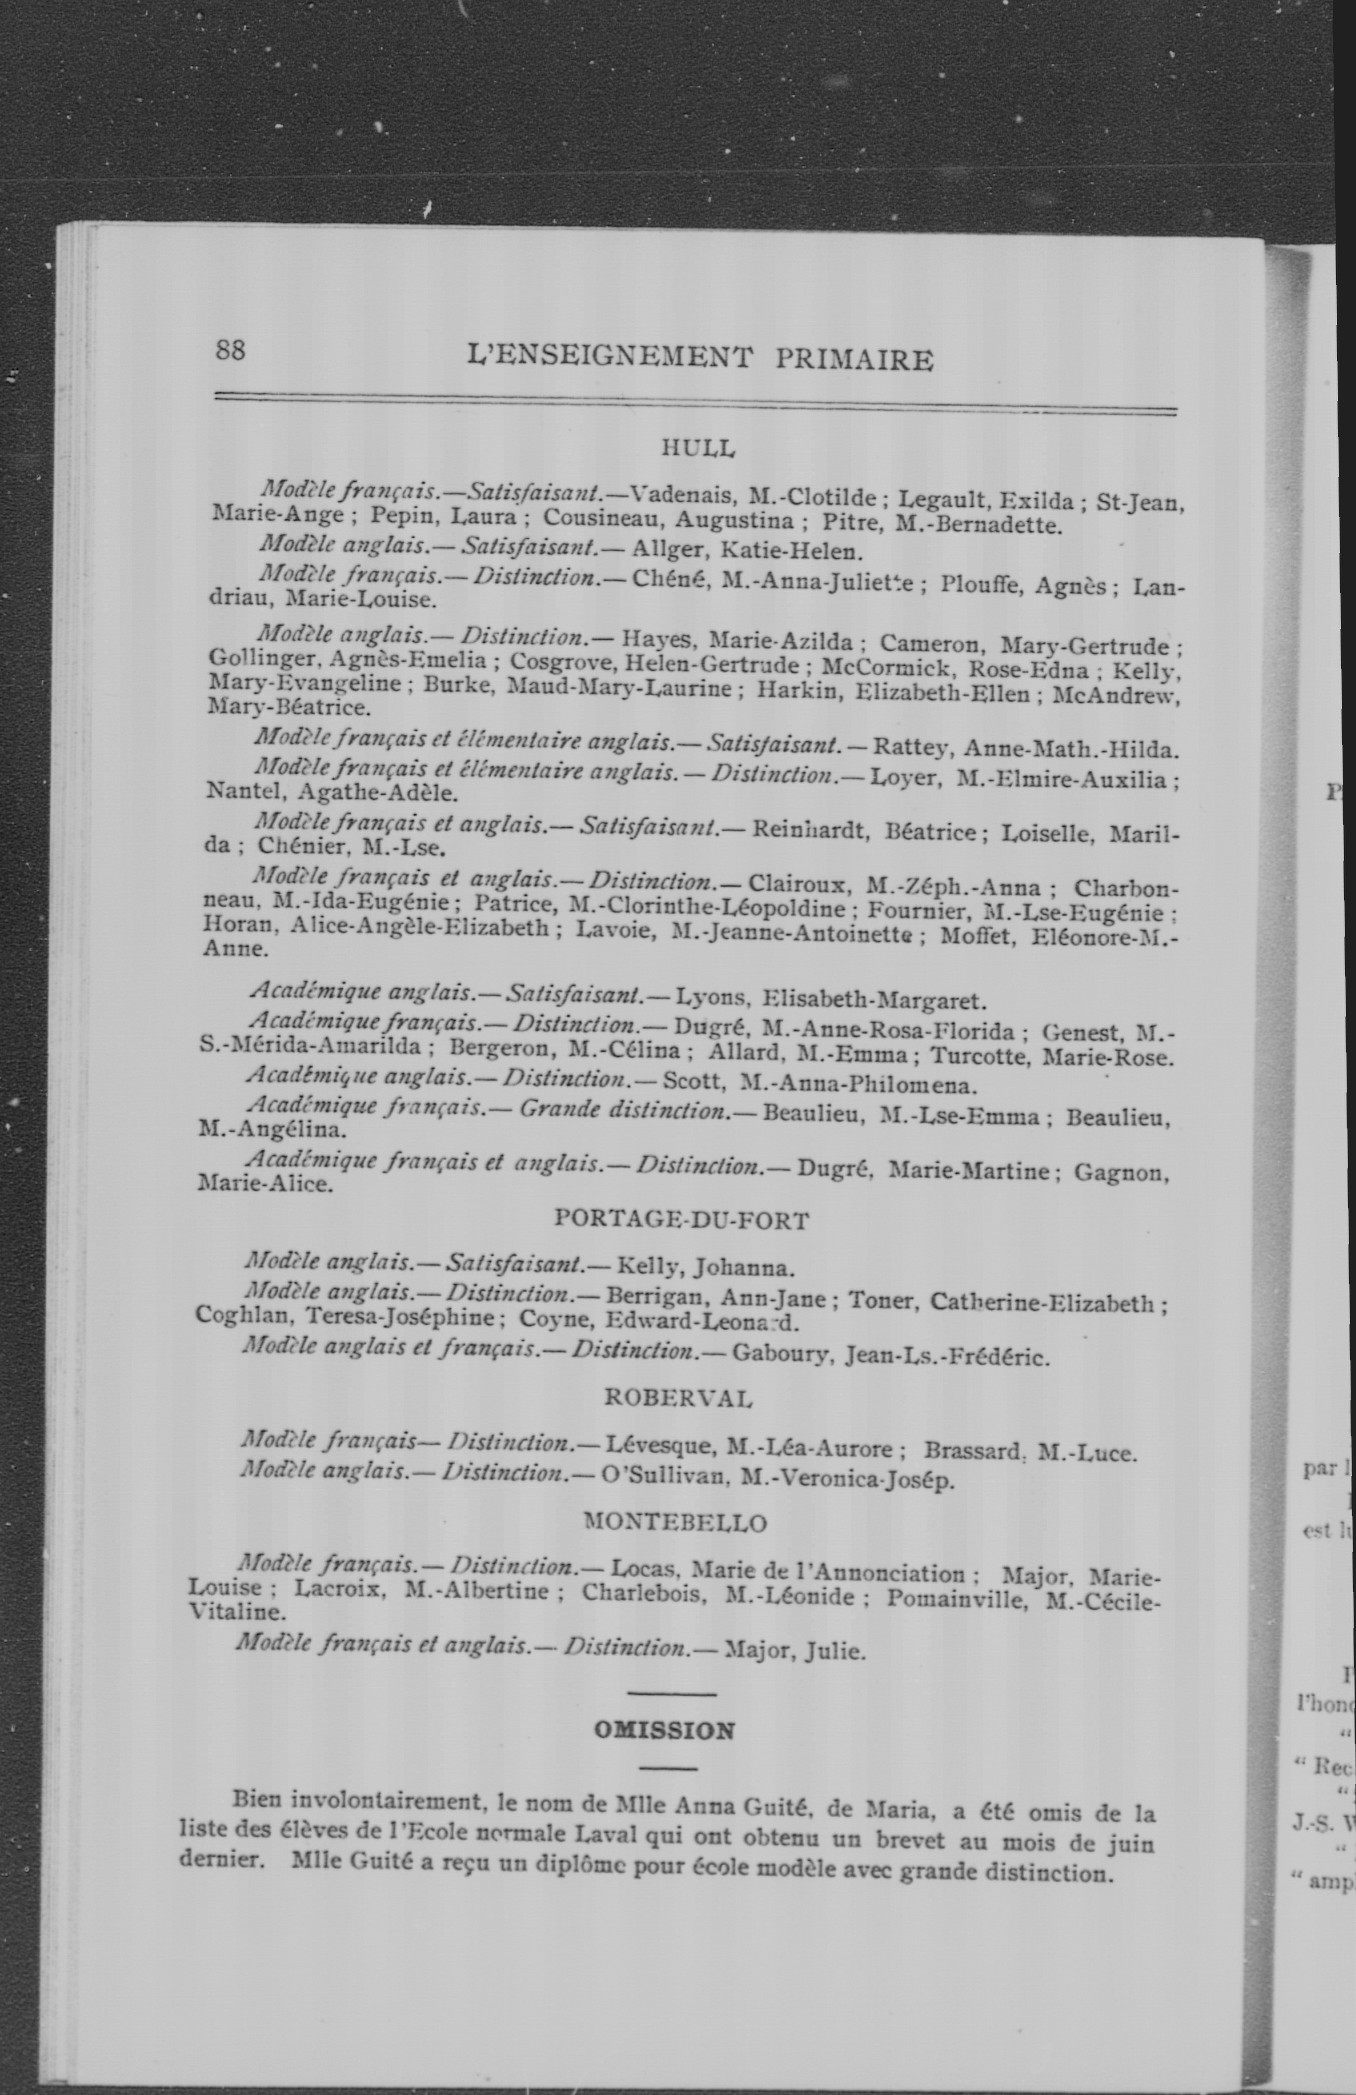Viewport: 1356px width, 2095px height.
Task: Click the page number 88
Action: pyautogui.click(x=230, y=350)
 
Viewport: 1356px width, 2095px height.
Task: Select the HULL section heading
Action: pyautogui.click(x=698, y=448)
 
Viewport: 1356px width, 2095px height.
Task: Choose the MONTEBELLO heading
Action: pyautogui.click(x=675, y=1522)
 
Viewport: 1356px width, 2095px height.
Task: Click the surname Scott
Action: pyautogui.click(x=691, y=1082)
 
